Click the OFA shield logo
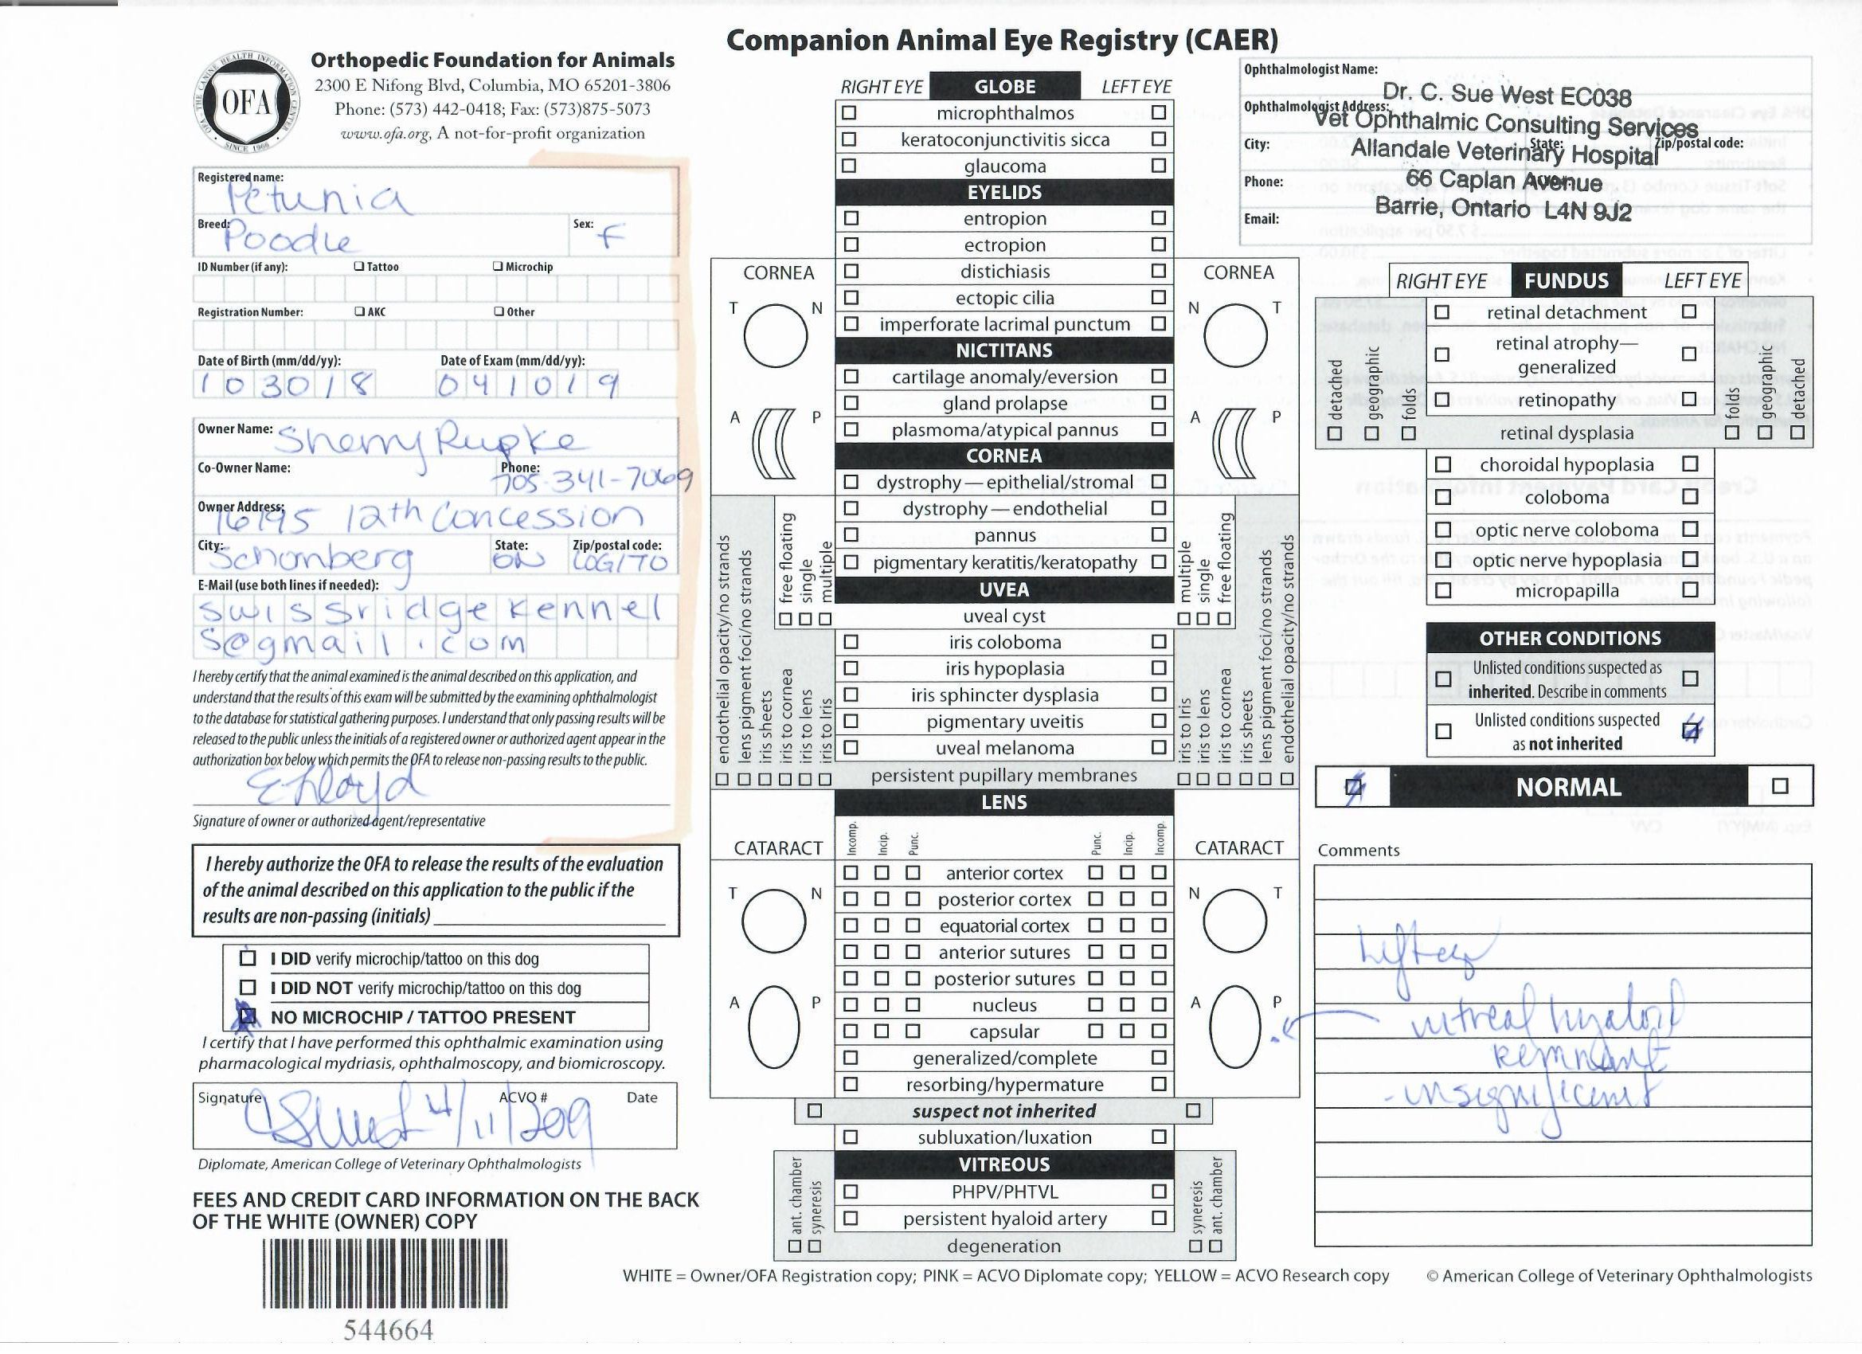(246, 104)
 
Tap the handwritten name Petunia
(317, 198)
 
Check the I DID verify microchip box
(248, 958)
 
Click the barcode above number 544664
(384, 1272)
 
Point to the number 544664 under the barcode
(388, 1329)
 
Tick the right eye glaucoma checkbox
(849, 166)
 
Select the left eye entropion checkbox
(1159, 218)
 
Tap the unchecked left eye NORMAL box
(1780, 787)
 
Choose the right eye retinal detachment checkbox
(1441, 312)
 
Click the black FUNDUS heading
(1566, 281)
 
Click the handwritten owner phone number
(591, 480)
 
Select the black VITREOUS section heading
(1004, 1164)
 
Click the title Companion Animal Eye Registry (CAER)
(1002, 41)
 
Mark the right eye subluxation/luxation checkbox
(851, 1137)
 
